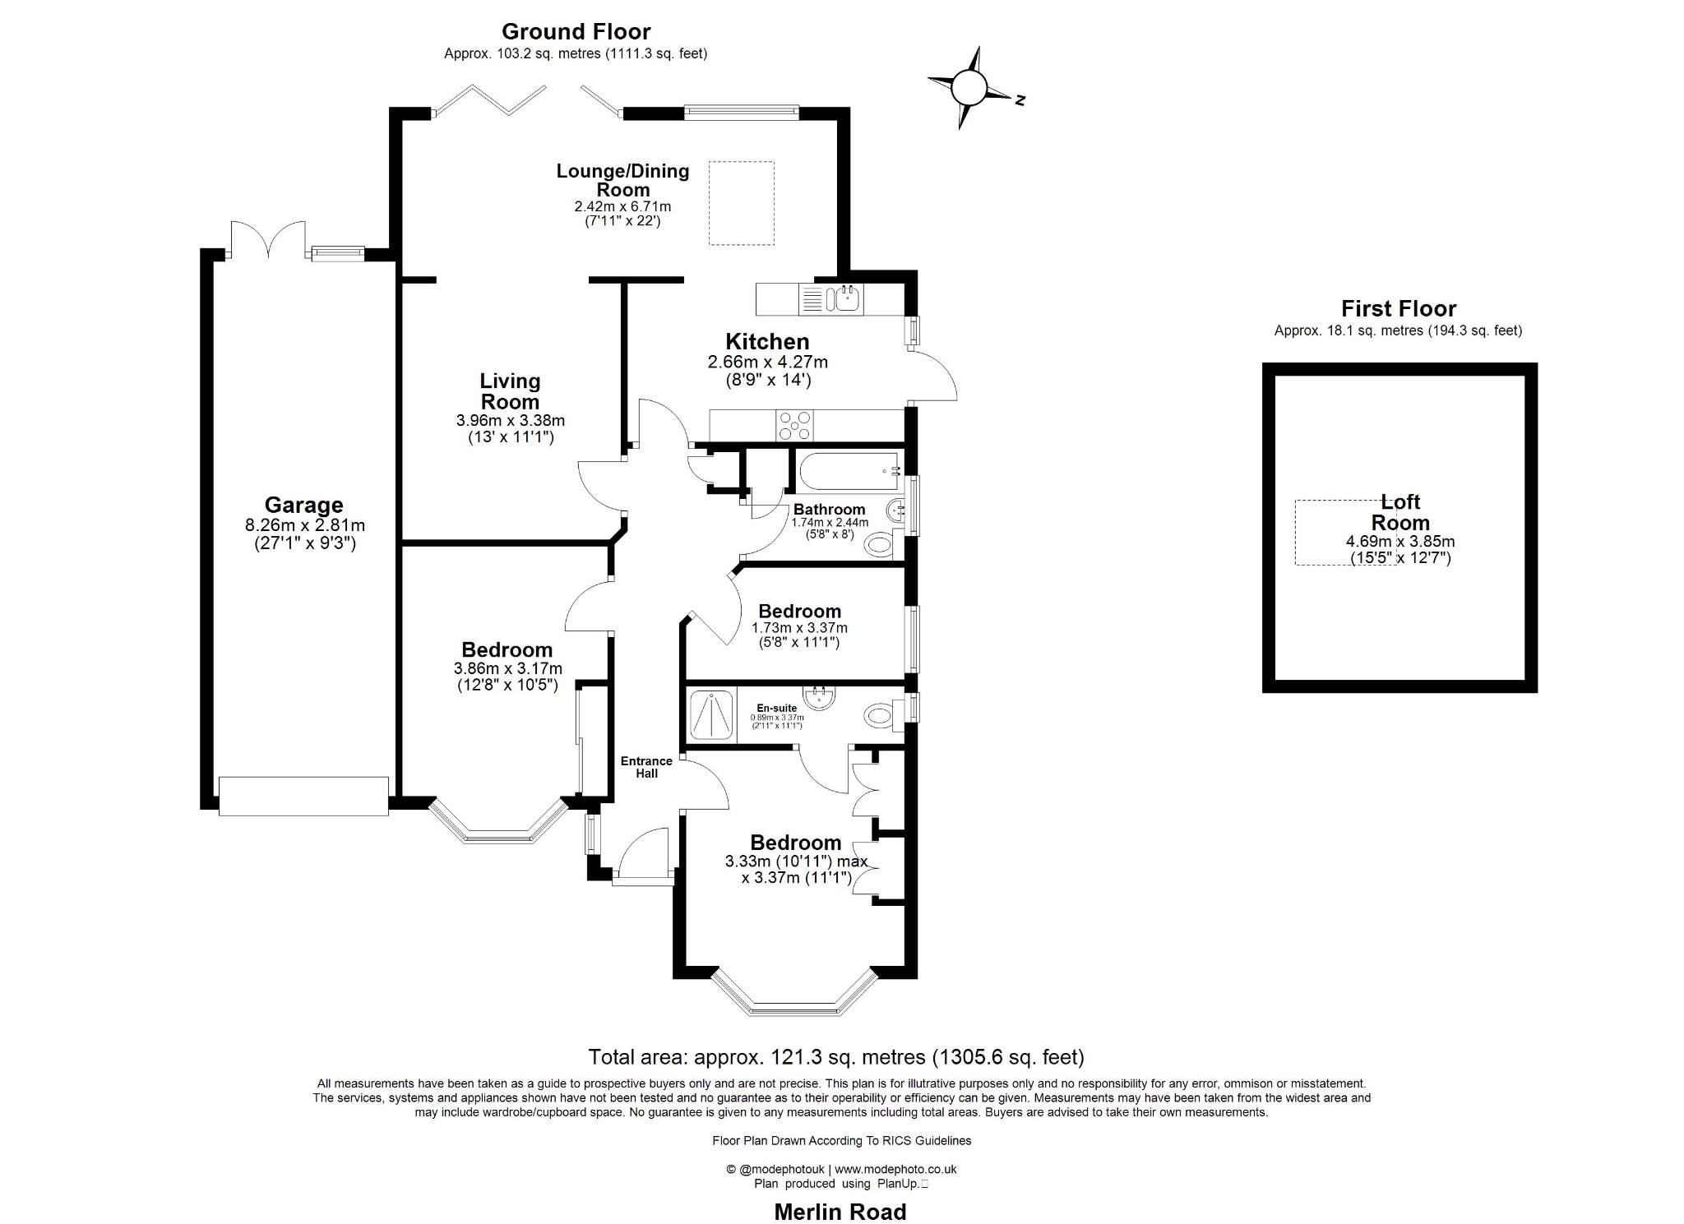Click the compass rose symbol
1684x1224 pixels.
970,86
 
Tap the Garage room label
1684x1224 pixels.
303,505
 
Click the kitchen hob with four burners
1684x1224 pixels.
795,426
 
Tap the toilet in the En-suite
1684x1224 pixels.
881,714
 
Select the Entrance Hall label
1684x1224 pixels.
646,767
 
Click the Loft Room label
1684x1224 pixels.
1400,512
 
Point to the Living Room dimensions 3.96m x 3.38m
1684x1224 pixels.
510,420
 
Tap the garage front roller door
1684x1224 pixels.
303,796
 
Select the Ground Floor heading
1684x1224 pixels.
576,31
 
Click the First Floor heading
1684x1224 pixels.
1398,308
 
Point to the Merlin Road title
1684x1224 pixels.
840,1212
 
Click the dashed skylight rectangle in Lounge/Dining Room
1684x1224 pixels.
741,203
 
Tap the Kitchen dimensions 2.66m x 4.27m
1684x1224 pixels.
767,362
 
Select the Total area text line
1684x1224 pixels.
836,1057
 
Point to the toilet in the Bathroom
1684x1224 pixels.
880,543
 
